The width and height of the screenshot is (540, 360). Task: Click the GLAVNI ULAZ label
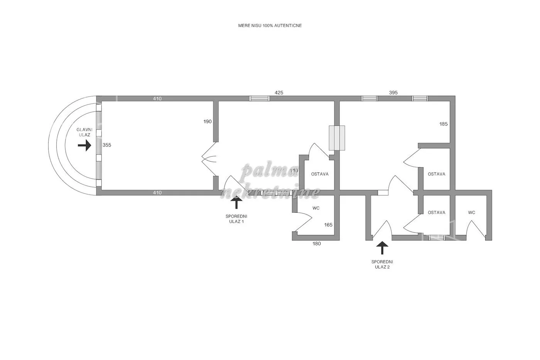(84, 132)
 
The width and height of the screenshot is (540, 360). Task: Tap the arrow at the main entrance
(84, 145)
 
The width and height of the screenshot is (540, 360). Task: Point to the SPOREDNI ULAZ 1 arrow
(236, 202)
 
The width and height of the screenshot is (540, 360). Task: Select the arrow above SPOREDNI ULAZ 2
(382, 248)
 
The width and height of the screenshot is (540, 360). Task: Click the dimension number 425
(279, 93)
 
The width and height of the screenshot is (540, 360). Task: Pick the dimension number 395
(393, 93)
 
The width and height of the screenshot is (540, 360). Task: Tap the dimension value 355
(107, 145)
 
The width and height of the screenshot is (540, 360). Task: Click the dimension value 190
(208, 122)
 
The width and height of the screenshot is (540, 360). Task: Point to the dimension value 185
(443, 124)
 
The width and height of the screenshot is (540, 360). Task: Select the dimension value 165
(328, 225)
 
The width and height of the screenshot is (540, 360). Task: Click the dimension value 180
(317, 243)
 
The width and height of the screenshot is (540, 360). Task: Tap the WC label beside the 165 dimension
(316, 208)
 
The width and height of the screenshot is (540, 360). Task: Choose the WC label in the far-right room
(471, 213)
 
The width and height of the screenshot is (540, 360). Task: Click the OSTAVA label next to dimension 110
(320, 174)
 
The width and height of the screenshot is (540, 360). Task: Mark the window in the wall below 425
(259, 98)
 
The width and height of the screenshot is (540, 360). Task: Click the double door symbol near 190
(209, 159)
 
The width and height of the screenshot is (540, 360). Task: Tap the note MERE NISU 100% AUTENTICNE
(270, 25)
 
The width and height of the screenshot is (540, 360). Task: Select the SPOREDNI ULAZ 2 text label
(382, 264)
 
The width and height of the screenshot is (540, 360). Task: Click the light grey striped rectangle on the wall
(337, 138)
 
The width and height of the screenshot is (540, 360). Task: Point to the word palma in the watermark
(270, 171)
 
